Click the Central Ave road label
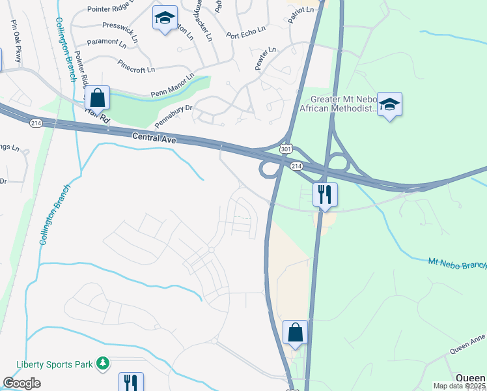point(154,137)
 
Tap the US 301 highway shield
point(286,149)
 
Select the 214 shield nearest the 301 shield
point(297,167)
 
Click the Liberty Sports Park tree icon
point(102,362)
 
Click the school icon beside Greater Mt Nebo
point(389,104)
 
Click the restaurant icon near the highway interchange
point(325,194)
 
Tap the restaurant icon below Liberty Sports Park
point(131,382)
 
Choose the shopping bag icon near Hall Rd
point(97,98)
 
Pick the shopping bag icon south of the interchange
point(295,332)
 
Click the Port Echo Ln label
point(245,33)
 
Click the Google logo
point(21,383)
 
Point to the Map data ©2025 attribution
point(460,386)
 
